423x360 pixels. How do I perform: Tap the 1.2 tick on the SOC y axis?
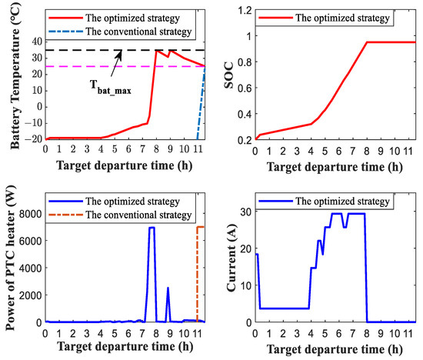(x=245, y=11)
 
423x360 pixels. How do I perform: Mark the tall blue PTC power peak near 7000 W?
(x=152, y=228)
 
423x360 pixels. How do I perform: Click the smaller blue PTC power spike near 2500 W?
(x=168, y=288)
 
